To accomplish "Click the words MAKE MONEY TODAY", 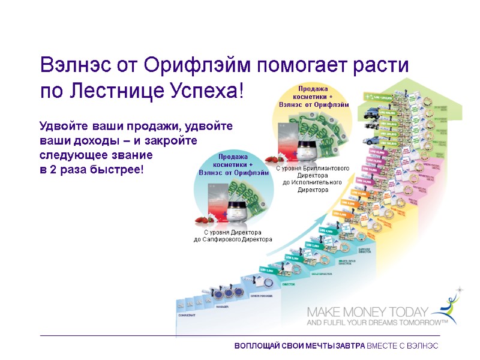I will point(367,311).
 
